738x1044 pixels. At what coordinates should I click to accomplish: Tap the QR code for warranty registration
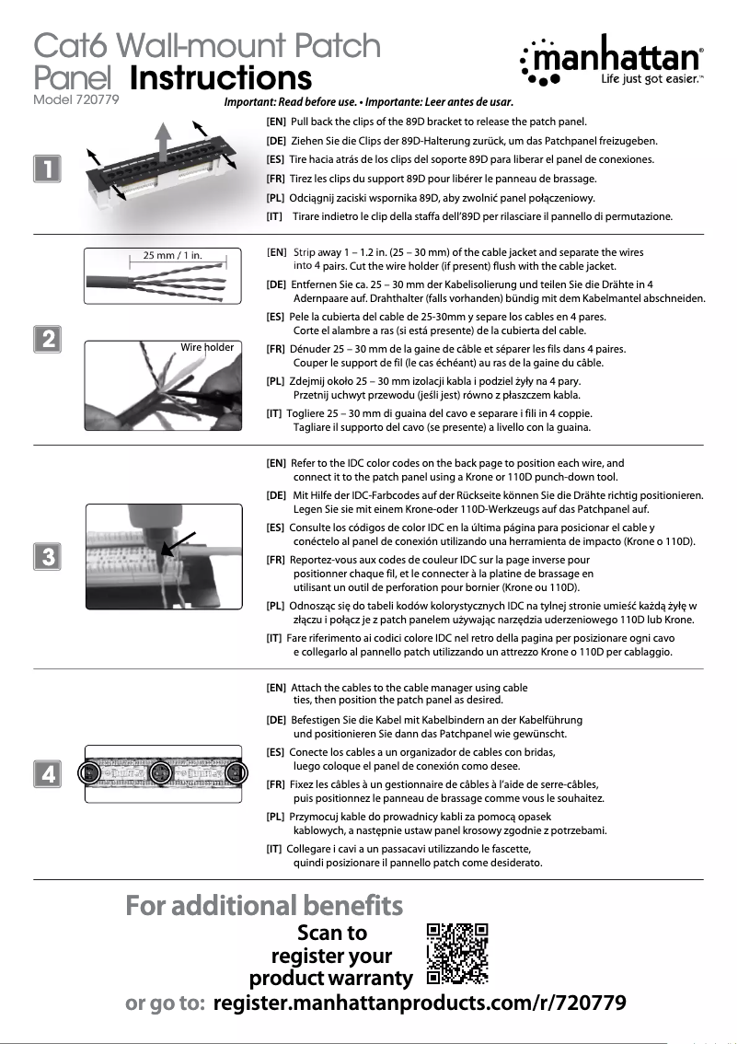point(457,953)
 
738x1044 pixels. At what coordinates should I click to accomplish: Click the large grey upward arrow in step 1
point(162,142)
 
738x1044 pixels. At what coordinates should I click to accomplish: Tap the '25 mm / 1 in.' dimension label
point(166,255)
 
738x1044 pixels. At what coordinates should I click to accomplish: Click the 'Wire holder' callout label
point(207,347)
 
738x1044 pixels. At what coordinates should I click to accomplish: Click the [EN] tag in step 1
point(275,122)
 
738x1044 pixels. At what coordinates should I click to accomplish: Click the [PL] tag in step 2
point(274,380)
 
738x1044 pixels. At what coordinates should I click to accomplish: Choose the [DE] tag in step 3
point(275,495)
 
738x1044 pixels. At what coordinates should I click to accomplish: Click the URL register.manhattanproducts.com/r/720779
point(420,1003)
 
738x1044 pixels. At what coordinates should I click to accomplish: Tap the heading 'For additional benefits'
point(264,906)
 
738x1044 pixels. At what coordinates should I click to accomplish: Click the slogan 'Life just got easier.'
point(652,81)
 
